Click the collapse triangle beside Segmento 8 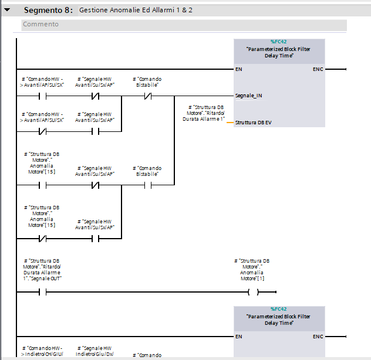click(7, 10)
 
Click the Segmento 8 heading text click(48, 10)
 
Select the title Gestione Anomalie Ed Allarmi click(127, 10)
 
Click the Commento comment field click(184, 25)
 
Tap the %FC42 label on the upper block click(278, 42)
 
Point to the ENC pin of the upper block click(318, 69)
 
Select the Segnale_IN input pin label click(248, 96)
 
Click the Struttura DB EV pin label click(253, 123)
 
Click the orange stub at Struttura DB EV click(230, 123)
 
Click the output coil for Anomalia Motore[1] click(254, 292)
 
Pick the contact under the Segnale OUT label click(43, 292)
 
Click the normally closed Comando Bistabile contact click(148, 96)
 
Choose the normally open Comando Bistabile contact click(148, 185)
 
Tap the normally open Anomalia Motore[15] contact click(43, 185)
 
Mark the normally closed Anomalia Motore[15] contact click(43, 239)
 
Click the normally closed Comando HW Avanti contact click(43, 131)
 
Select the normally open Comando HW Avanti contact click(43, 96)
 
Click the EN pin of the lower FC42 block click(238, 337)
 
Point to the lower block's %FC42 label click(278, 309)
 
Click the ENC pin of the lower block click(318, 337)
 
